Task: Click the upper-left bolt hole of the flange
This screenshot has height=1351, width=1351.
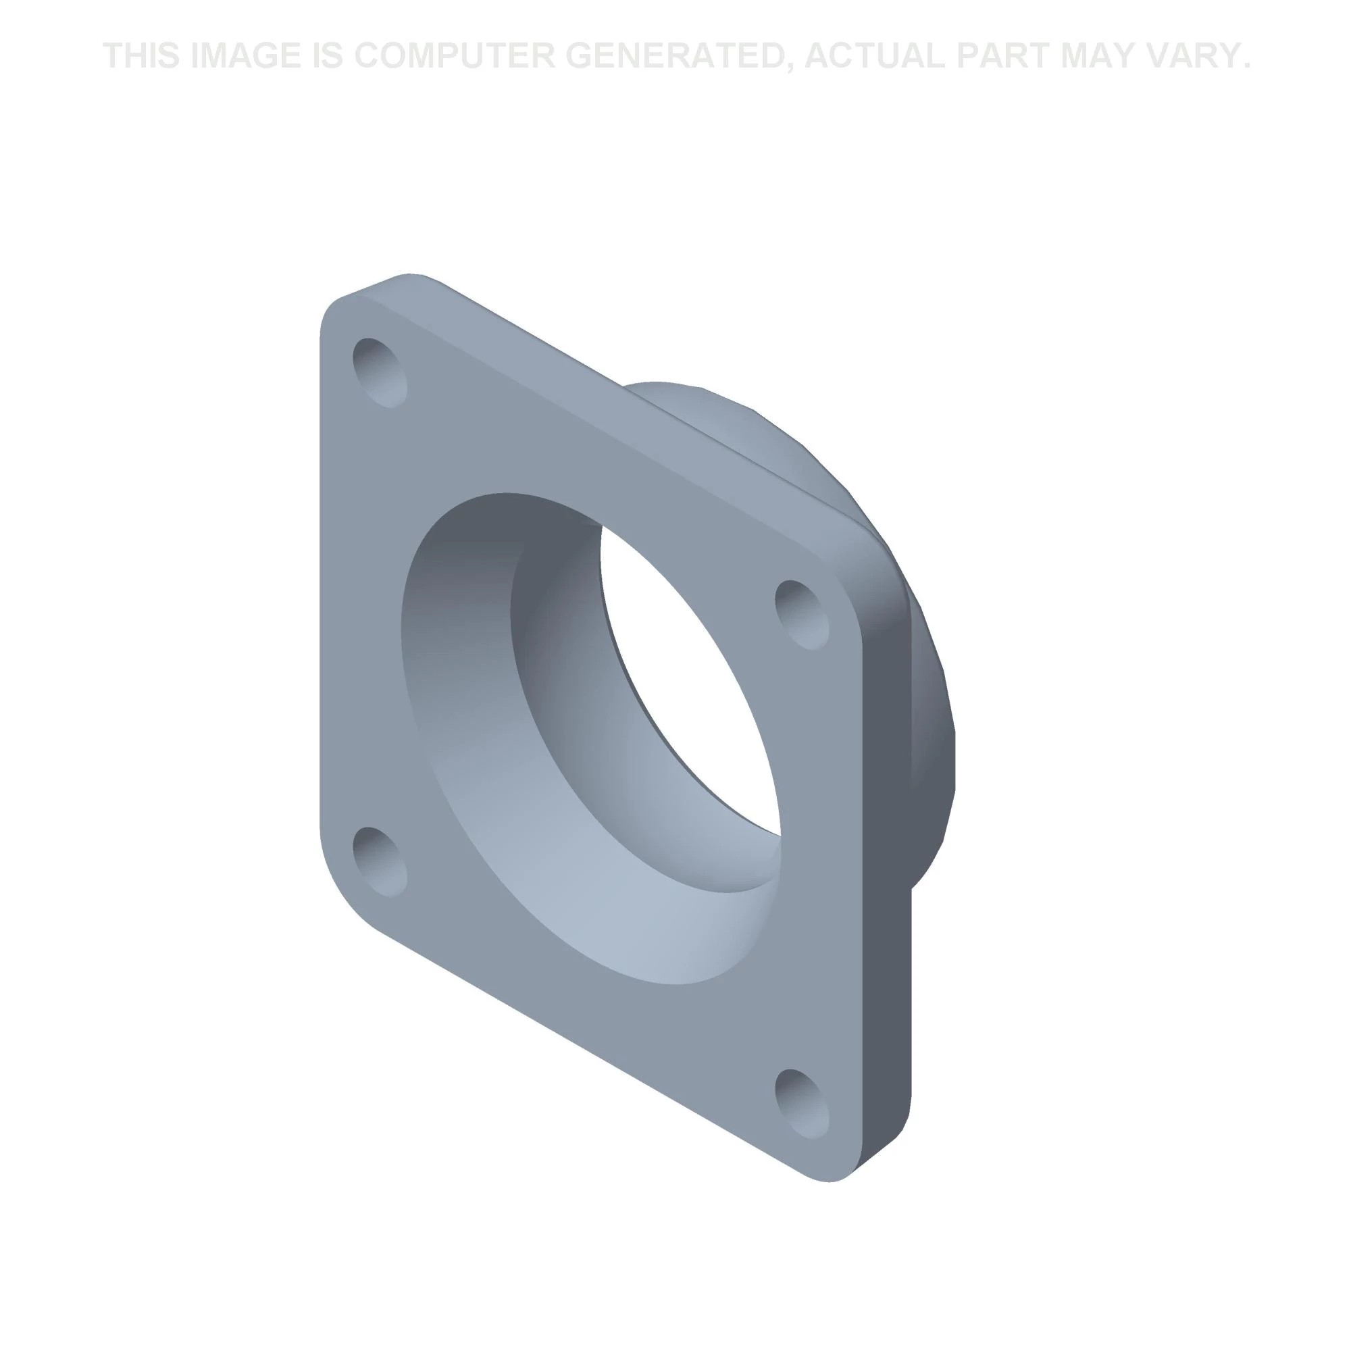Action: pyautogui.click(x=380, y=372)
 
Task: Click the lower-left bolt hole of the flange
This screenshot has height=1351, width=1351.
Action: pyautogui.click(x=380, y=861)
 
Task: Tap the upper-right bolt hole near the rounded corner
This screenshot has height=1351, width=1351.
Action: pyautogui.click(x=802, y=615)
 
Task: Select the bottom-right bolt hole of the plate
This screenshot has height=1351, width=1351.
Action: pyautogui.click(x=802, y=1104)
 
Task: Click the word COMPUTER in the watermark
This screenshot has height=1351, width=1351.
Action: pyautogui.click(x=455, y=56)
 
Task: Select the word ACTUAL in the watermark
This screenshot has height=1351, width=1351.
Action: pyautogui.click(x=875, y=56)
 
